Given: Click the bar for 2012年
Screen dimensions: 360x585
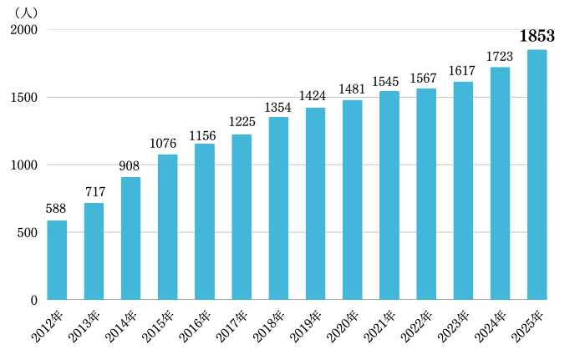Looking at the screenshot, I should click(x=57, y=260).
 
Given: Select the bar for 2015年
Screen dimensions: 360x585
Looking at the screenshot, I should click(x=167, y=227).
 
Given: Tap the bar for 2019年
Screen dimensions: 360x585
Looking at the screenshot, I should click(x=315, y=204).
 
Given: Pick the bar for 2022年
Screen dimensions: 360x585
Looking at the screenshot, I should click(x=426, y=194).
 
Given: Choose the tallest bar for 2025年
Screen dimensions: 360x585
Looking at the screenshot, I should click(x=537, y=175).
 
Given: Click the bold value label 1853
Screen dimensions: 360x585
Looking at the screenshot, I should click(x=537, y=36).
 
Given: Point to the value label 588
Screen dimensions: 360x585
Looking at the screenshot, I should click(x=57, y=208).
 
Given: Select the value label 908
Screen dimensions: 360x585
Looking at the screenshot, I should click(x=130, y=165).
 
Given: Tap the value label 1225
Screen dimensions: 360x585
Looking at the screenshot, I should click(x=242, y=122).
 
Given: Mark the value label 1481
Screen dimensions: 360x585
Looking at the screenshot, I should click(x=352, y=89).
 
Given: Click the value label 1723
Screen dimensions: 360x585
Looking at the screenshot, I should click(x=500, y=56).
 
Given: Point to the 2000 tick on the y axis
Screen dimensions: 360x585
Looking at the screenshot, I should click(x=23, y=30).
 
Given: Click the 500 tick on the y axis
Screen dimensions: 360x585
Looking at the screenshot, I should click(x=27, y=232).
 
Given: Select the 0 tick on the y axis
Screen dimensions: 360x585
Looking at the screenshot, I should click(x=33, y=300).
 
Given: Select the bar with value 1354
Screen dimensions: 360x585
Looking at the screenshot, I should click(x=278, y=208).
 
